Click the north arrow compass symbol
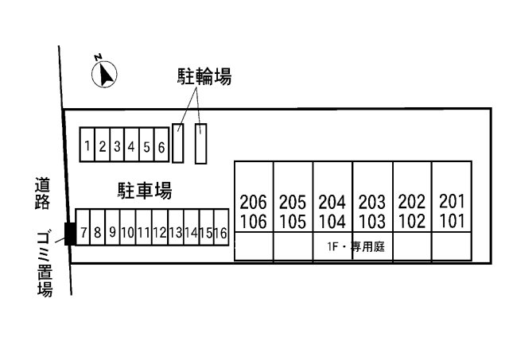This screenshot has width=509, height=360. (104, 74)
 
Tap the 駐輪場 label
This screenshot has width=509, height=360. (204, 76)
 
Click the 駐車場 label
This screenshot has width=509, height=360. (145, 191)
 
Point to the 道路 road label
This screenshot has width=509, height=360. (42, 193)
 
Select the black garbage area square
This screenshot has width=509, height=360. (70, 234)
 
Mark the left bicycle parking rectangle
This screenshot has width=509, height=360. (178, 143)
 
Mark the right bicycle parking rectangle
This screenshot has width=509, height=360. (201, 144)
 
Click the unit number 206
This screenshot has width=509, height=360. (253, 202)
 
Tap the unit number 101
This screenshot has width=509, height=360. (452, 221)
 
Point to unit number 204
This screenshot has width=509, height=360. (332, 202)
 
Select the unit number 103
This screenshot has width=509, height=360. (372, 222)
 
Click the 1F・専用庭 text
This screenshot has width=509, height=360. (356, 247)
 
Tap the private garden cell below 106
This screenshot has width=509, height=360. (254, 246)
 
